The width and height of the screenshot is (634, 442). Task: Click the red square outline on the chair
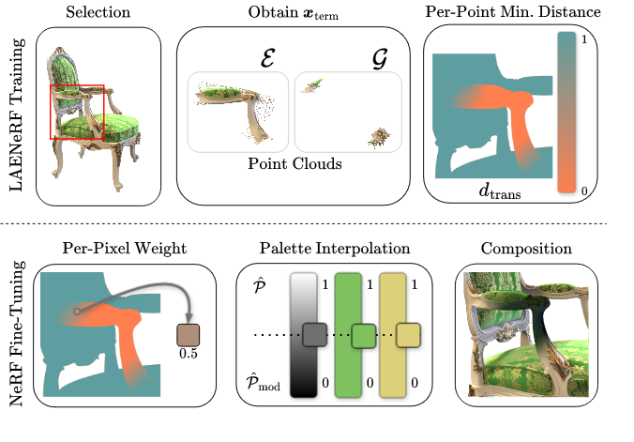coord(52,113)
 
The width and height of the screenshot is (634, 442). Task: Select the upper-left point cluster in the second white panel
coord(313,85)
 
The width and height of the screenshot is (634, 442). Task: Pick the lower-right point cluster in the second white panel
coord(379,137)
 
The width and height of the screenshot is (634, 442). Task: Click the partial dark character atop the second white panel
coord(379,64)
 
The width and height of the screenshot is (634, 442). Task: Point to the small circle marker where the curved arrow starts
coord(77,312)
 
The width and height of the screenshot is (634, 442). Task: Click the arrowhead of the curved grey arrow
coord(189,318)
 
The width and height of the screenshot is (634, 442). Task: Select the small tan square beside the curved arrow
coord(189,335)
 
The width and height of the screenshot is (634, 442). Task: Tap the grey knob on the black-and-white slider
coord(314,334)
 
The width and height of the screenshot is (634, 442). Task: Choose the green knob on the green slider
coord(364,335)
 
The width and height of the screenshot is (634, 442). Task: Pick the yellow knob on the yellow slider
coord(408,335)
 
